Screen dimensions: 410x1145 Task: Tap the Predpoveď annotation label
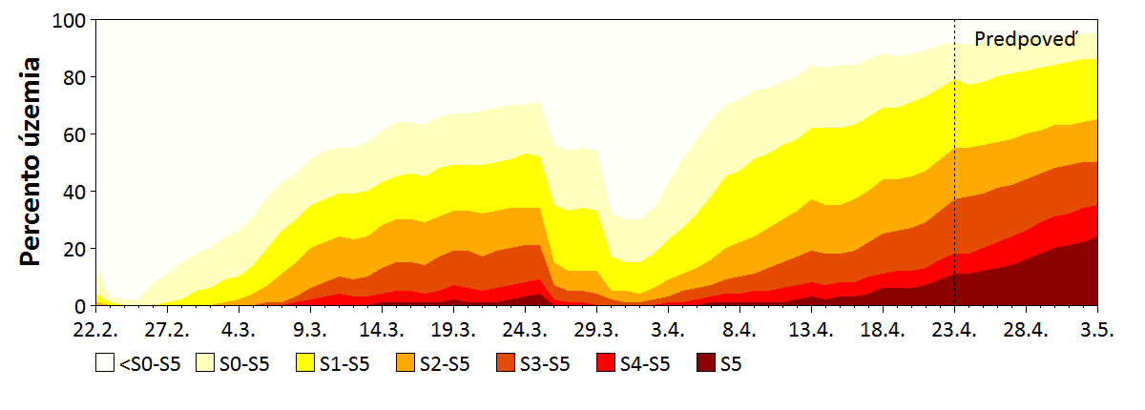click(1026, 39)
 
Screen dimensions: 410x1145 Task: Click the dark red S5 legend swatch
click(705, 363)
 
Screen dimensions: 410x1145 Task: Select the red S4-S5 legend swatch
click(603, 363)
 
